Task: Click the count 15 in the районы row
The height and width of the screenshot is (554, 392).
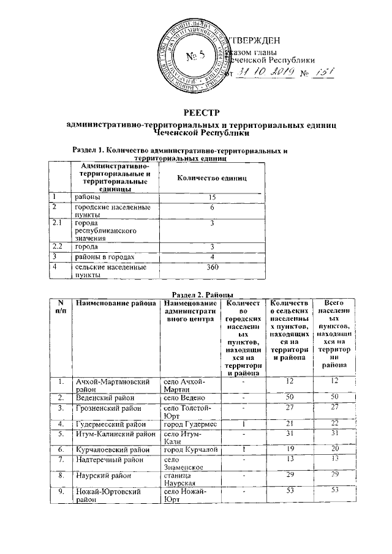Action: coord(212,197)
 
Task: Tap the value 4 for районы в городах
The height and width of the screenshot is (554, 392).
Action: coord(212,256)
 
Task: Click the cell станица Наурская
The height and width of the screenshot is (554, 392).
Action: coord(179,478)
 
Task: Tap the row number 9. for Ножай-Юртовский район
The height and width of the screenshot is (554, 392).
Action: coord(61,491)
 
